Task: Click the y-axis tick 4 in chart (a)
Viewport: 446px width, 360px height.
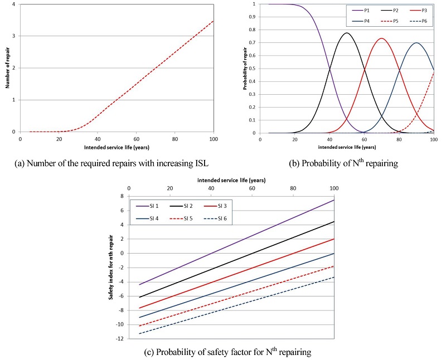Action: pos(15,4)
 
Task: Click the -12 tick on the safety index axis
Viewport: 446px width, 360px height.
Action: pos(120,339)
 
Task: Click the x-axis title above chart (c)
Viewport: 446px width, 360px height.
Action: pos(231,181)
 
